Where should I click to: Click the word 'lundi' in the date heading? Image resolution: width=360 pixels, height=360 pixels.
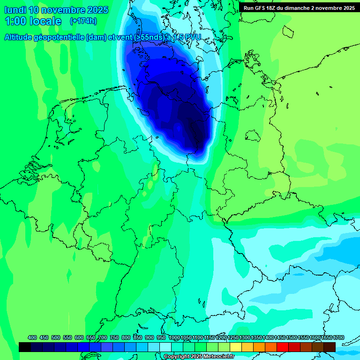15,10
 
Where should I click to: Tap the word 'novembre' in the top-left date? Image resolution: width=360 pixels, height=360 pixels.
64,10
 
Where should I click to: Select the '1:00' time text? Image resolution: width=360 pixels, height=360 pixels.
15,21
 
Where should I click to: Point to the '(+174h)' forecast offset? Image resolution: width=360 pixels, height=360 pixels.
83,21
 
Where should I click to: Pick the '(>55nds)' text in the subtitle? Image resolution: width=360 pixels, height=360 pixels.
150,37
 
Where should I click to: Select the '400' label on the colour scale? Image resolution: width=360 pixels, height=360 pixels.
32,337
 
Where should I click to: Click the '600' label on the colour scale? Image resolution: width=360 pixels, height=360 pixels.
79,337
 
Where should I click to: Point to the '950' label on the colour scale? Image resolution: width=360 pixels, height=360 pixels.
161,337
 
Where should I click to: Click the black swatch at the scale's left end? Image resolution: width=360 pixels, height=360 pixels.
25,347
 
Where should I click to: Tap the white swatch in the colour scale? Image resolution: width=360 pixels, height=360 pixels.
165,347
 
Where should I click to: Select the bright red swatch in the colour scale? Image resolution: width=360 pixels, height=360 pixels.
283,347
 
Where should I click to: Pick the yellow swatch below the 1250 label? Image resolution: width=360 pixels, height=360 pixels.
236,347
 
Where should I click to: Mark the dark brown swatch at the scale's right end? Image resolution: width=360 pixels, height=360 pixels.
330,347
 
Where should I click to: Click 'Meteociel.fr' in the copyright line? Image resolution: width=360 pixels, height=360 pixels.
217,357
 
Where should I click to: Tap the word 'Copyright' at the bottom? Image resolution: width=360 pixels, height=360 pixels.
176,357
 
